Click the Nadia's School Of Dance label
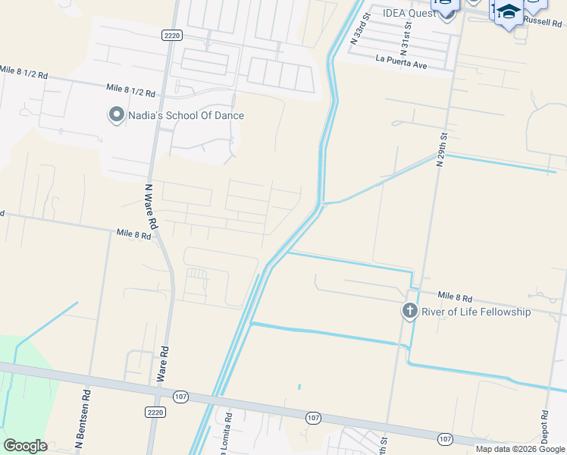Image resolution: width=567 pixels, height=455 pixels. (x=185, y=115)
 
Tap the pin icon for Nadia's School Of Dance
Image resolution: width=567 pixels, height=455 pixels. (x=116, y=115)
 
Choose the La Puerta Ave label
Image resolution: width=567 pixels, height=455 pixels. (x=402, y=61)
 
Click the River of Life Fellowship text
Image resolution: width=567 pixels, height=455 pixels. (x=475, y=312)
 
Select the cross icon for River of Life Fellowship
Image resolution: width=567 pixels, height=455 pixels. (x=409, y=311)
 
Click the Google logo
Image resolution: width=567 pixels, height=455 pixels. (x=24, y=446)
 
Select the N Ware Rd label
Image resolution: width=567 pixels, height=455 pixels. (x=150, y=206)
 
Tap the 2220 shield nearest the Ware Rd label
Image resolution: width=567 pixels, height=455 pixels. (x=155, y=411)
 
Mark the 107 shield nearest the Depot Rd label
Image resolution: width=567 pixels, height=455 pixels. (x=446, y=438)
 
